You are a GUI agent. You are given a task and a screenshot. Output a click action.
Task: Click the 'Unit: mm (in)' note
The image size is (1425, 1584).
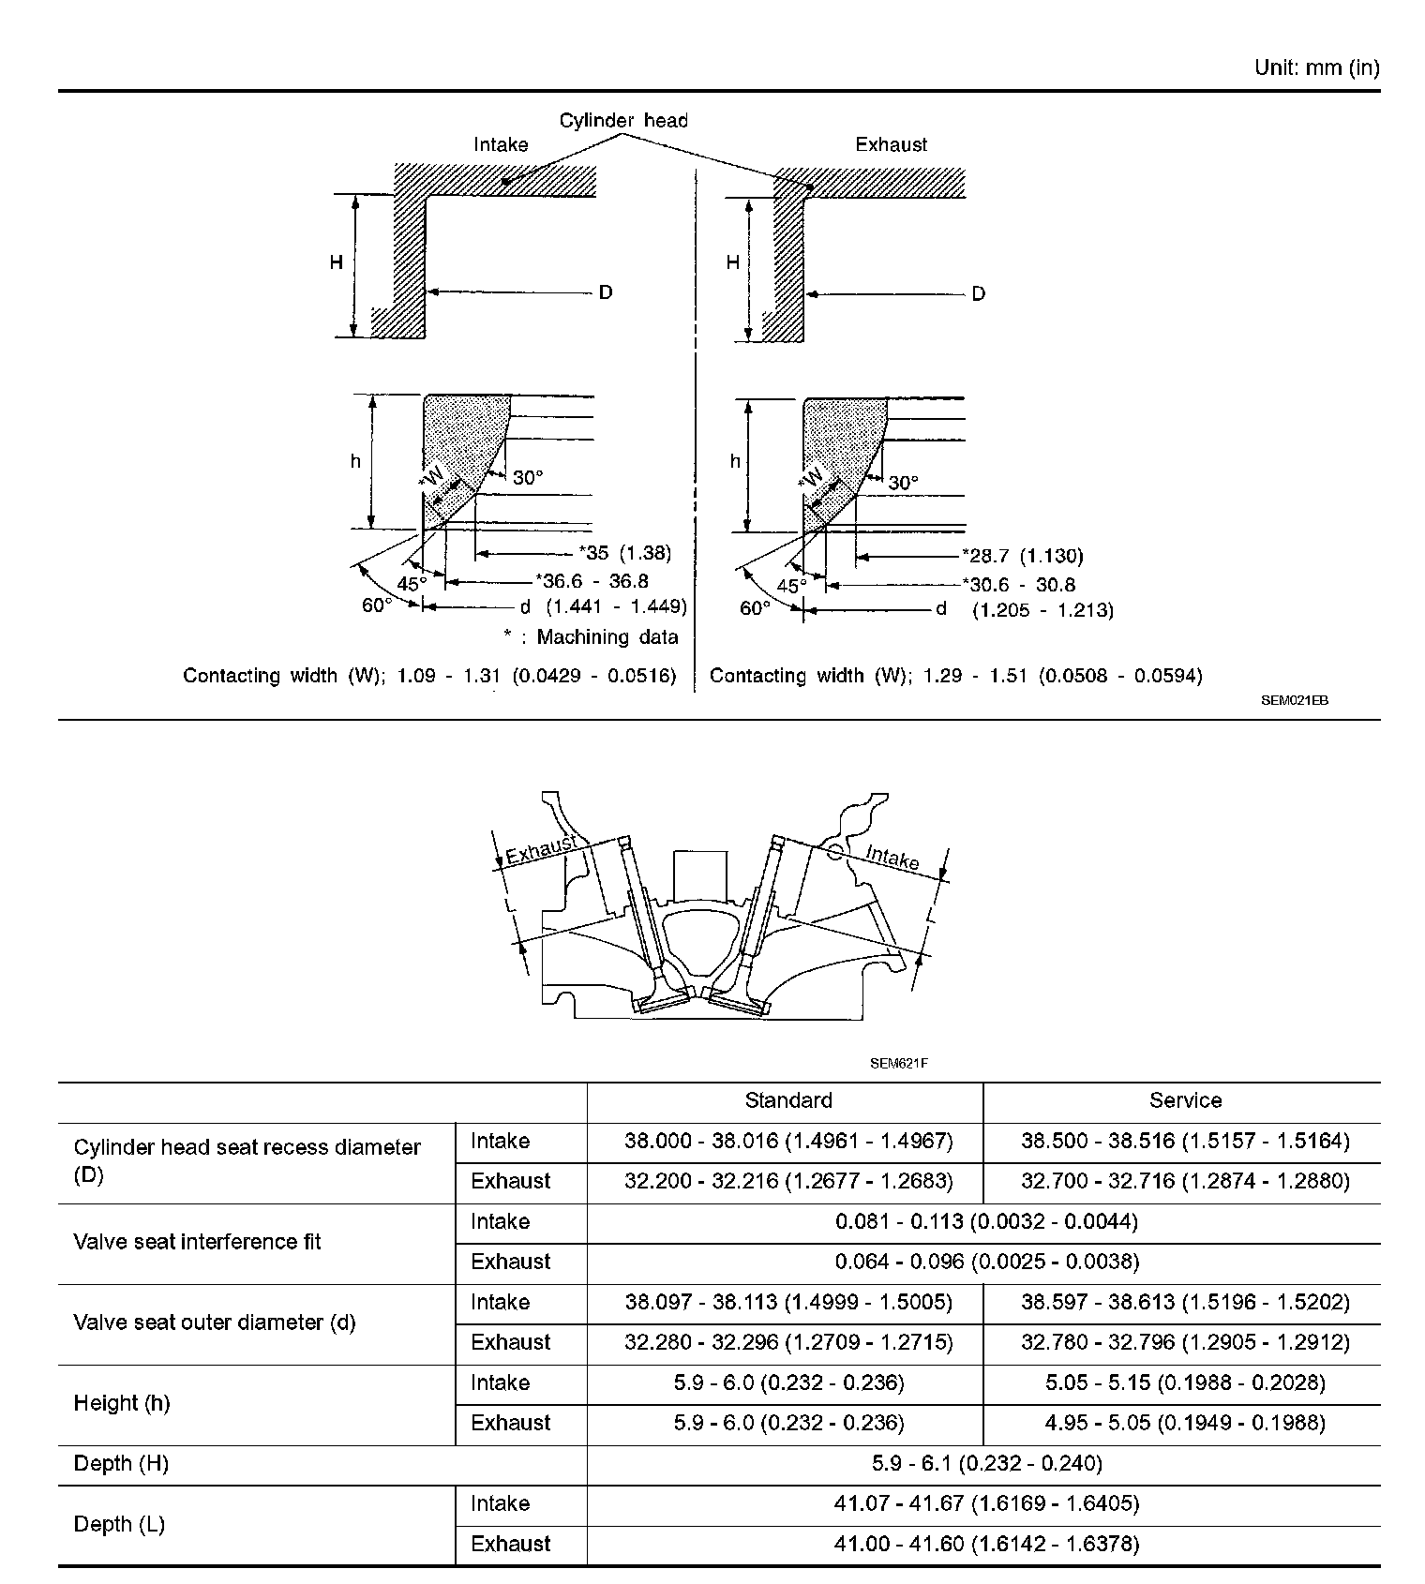click(1316, 67)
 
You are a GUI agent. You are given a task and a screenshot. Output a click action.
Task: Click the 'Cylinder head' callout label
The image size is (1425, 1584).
click(623, 121)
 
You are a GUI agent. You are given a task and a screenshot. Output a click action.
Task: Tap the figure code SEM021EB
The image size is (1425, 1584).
click(1294, 700)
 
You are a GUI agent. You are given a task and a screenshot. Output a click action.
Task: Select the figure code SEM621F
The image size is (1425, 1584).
click(898, 1063)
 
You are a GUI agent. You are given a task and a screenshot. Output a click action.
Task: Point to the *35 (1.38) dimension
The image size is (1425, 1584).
click(624, 553)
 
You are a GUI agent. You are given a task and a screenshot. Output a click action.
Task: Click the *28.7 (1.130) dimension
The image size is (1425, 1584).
click(1022, 556)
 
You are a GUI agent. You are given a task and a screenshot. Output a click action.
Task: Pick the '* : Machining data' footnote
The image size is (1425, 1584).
click(591, 637)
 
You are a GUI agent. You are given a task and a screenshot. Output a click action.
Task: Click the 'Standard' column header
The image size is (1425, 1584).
click(787, 1100)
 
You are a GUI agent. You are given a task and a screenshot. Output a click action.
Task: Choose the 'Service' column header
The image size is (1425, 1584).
click(1185, 1100)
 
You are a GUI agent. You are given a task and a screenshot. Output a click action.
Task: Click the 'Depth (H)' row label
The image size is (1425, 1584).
click(121, 1463)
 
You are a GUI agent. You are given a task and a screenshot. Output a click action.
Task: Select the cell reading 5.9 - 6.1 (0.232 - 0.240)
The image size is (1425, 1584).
click(986, 1463)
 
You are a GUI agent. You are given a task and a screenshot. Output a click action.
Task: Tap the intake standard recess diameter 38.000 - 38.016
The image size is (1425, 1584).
click(787, 1141)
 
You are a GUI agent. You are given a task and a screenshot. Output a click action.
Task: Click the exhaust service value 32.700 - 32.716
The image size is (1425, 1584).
click(1185, 1181)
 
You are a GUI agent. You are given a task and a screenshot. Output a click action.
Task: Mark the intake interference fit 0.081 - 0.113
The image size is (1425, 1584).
click(986, 1221)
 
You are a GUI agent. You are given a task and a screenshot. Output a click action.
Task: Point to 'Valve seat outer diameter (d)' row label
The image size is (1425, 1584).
click(215, 1322)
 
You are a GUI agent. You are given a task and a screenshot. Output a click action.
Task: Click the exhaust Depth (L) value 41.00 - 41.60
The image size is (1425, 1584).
click(986, 1544)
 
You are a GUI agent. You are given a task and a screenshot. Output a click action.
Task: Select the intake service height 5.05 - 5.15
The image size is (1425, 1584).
click(1185, 1382)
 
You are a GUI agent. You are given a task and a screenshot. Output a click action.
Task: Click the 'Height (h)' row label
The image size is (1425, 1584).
click(122, 1403)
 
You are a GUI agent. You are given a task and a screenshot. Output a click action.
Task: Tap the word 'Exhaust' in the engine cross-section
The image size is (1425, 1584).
click(540, 849)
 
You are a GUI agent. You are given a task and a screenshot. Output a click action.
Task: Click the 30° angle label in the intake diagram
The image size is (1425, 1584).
click(528, 478)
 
